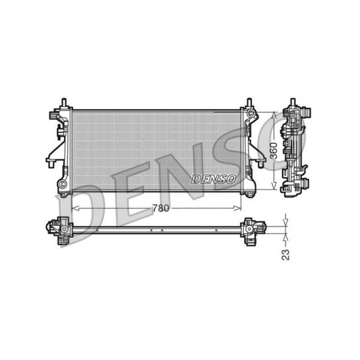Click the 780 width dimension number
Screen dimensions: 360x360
[x=161, y=208]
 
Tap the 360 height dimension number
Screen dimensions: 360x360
[x=274, y=151]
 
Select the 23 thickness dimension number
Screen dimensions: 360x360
[x=286, y=254]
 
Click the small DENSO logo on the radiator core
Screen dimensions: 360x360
[x=214, y=179]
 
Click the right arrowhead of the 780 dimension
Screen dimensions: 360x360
[x=238, y=208]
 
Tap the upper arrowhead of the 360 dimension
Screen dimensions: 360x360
[x=274, y=115]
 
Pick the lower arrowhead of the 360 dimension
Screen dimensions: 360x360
[x=274, y=186]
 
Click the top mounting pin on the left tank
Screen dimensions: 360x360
[x=64, y=102]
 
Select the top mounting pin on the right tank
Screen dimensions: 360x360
[x=250, y=102]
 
